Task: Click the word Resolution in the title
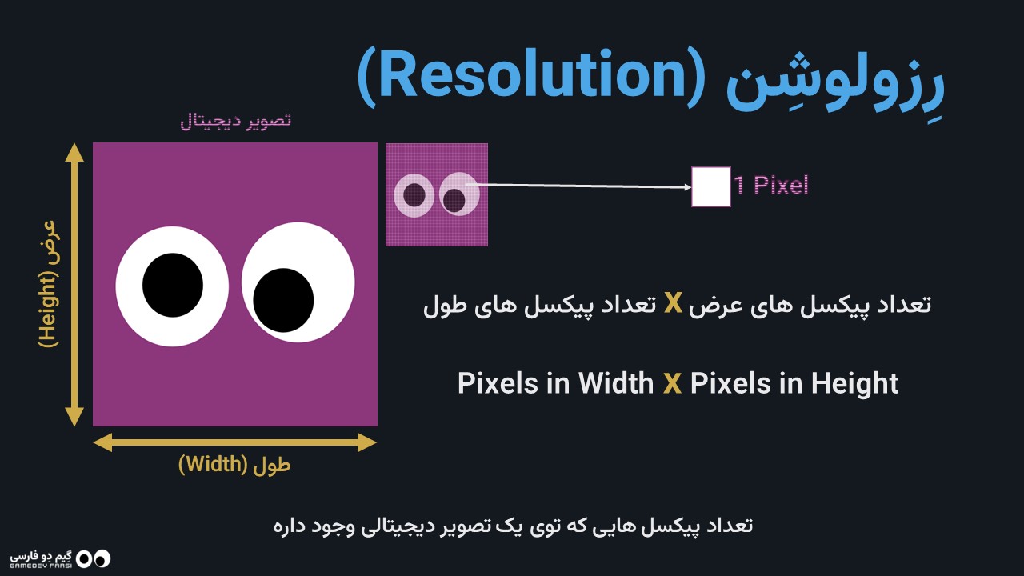point(531,75)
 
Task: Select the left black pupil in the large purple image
point(173,286)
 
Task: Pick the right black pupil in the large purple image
point(283,300)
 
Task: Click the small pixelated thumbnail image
point(437,194)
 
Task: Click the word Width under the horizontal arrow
point(213,464)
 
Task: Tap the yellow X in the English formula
point(672,383)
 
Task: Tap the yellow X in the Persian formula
point(673,303)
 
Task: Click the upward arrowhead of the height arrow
point(74,152)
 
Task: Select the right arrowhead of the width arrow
point(367,442)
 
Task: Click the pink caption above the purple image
point(236,121)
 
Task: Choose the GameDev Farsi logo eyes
point(94,558)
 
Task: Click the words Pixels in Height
point(794,383)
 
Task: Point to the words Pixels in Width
point(556,383)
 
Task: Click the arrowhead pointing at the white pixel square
point(687,187)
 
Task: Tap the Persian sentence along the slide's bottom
point(513,526)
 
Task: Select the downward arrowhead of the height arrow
point(74,417)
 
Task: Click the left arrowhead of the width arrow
point(102,442)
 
